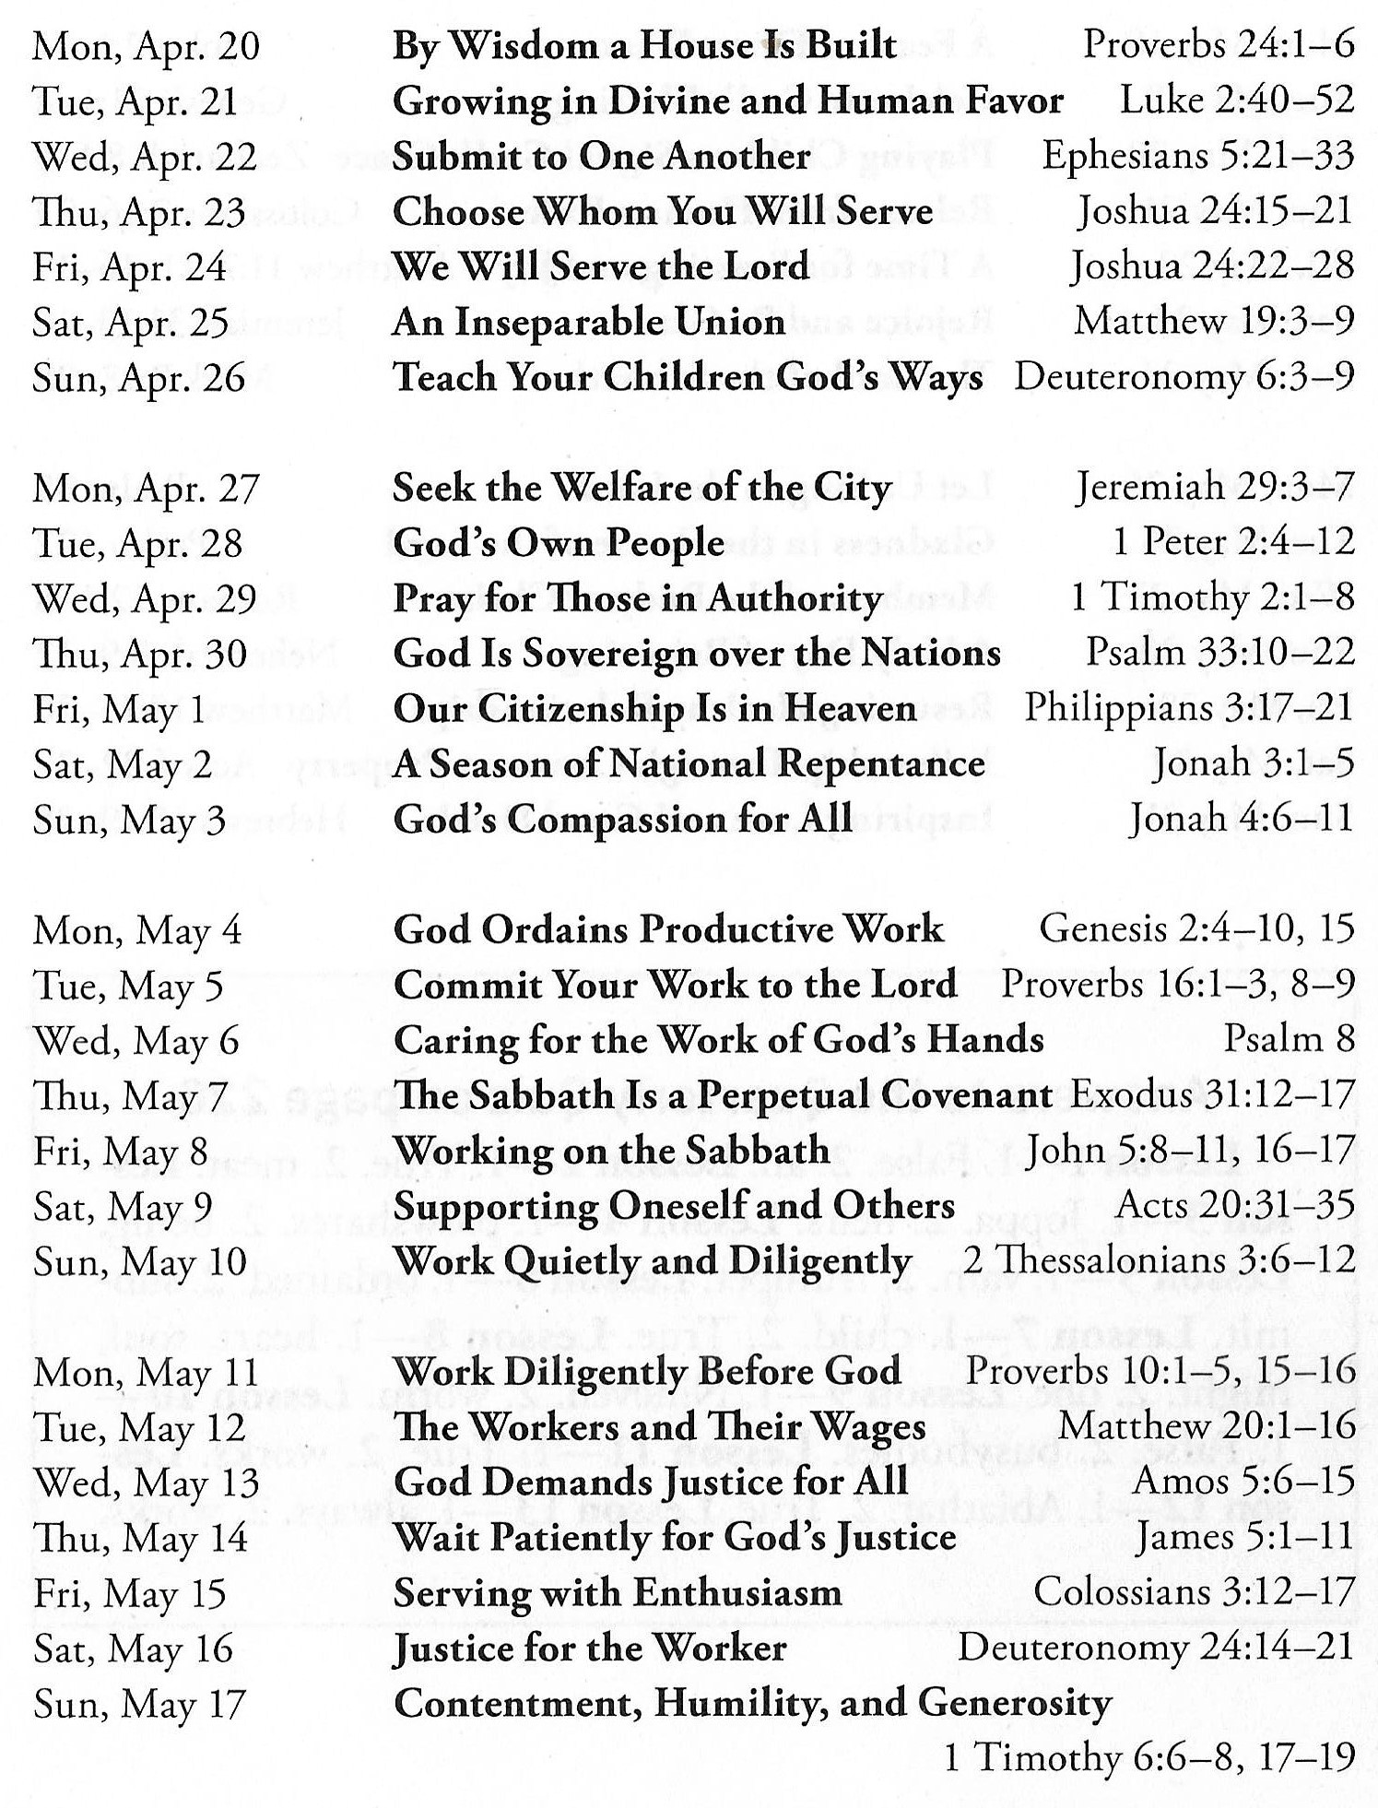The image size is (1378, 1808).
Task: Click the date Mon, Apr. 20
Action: point(146,47)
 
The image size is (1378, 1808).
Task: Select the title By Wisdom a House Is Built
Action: point(644,45)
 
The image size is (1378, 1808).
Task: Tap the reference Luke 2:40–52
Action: point(1236,100)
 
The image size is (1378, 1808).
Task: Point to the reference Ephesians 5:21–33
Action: point(1197,156)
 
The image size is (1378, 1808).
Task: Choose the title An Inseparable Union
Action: point(589,322)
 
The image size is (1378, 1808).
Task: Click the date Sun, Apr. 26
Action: point(139,378)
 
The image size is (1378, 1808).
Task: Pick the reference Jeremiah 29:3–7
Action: point(1213,488)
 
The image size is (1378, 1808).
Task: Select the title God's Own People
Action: point(559,543)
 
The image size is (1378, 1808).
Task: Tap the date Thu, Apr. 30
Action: point(140,655)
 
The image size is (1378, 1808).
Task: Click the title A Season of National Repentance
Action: point(689,764)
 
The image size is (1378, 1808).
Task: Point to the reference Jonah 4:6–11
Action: point(1242,819)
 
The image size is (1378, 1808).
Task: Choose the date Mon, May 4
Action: point(137,930)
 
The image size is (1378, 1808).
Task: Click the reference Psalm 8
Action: point(1289,1040)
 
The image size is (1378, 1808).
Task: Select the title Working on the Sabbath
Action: point(611,1151)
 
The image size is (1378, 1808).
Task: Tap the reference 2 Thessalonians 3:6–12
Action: point(1159,1260)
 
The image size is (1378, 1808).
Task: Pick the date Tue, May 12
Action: point(140,1428)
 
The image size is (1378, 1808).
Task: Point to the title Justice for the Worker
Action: point(590,1648)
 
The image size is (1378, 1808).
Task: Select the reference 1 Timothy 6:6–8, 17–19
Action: point(1148,1757)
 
